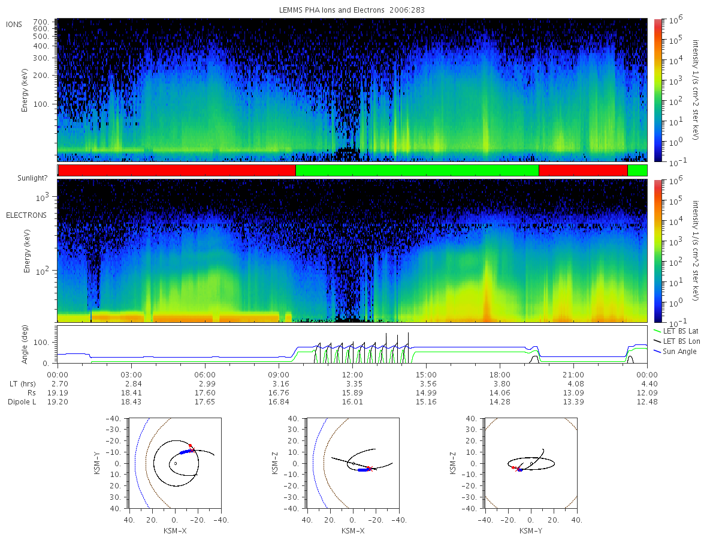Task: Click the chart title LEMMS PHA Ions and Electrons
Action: (x=331, y=10)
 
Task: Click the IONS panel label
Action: (x=14, y=25)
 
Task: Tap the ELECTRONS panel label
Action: (x=26, y=215)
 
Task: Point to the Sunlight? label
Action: (x=32, y=178)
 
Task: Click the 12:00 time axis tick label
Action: (x=352, y=375)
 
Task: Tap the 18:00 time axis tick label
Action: (x=500, y=375)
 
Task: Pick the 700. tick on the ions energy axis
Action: (x=41, y=22)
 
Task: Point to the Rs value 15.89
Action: (x=352, y=393)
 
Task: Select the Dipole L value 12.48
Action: (x=647, y=401)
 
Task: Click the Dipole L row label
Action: (x=22, y=401)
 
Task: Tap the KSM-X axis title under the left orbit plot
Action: (x=175, y=531)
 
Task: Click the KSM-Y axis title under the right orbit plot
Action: (x=531, y=531)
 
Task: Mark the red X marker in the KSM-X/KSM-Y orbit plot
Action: (x=192, y=450)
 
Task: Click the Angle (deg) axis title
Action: (x=25, y=344)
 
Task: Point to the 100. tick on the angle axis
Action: (x=41, y=343)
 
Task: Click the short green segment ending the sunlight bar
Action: (x=637, y=170)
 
